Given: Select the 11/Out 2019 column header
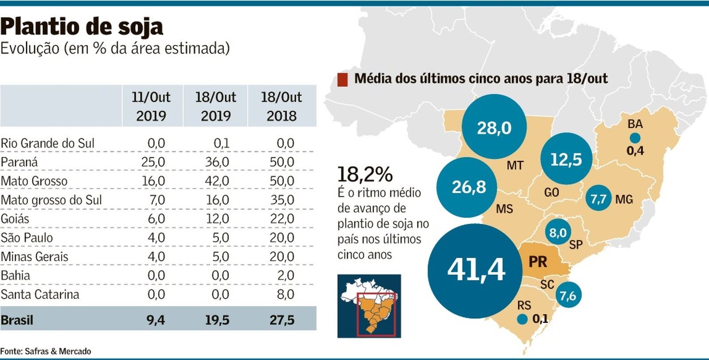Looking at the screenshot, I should pos(151,106).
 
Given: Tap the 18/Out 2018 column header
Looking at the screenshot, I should pos(281,106).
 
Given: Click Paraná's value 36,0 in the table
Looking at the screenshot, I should pos(217,162).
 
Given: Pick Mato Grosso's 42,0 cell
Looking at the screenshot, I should pos(217,181).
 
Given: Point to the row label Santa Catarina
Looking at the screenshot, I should pos(40,294).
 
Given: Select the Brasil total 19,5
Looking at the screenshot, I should pos(217,320).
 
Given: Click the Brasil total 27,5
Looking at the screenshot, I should pos(282,320).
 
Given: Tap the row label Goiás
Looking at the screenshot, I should pos(15,219).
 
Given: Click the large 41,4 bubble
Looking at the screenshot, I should pos(475,270).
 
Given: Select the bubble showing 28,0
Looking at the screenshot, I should pos(494,128).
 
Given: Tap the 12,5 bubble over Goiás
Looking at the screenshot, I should pos(566,159).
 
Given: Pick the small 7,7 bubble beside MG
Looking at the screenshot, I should pos(598,199).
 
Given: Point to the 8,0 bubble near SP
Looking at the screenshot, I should pos(557,232).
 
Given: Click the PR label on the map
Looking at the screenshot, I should pos(538,262).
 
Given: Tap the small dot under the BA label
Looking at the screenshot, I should pos(635,137).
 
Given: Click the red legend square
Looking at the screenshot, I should pos(342,80).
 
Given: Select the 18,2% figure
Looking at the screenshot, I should pos(365,174).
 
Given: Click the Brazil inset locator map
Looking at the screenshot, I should pos(369,306).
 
